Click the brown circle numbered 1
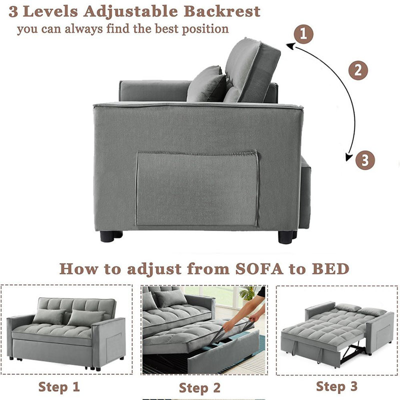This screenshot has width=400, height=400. pos(303,34)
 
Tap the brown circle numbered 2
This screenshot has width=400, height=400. pos(358,70)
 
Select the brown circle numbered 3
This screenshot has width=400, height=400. pos(365,160)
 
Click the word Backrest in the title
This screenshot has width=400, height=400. pos(222,11)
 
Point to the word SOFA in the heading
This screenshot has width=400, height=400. pos(259,269)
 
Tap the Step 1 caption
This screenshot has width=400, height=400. pos(59,386)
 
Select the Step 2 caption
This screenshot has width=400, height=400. pos(199,388)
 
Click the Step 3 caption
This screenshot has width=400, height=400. pos(336,386)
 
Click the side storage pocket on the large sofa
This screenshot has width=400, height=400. pos(197,188)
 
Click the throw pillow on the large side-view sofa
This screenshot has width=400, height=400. pos(206,84)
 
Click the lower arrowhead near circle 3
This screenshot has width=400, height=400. pos(348,157)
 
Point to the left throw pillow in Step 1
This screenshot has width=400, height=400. pos(49,316)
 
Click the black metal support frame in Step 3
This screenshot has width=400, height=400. pos(352,353)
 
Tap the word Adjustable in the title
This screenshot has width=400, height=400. pos(130,12)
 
